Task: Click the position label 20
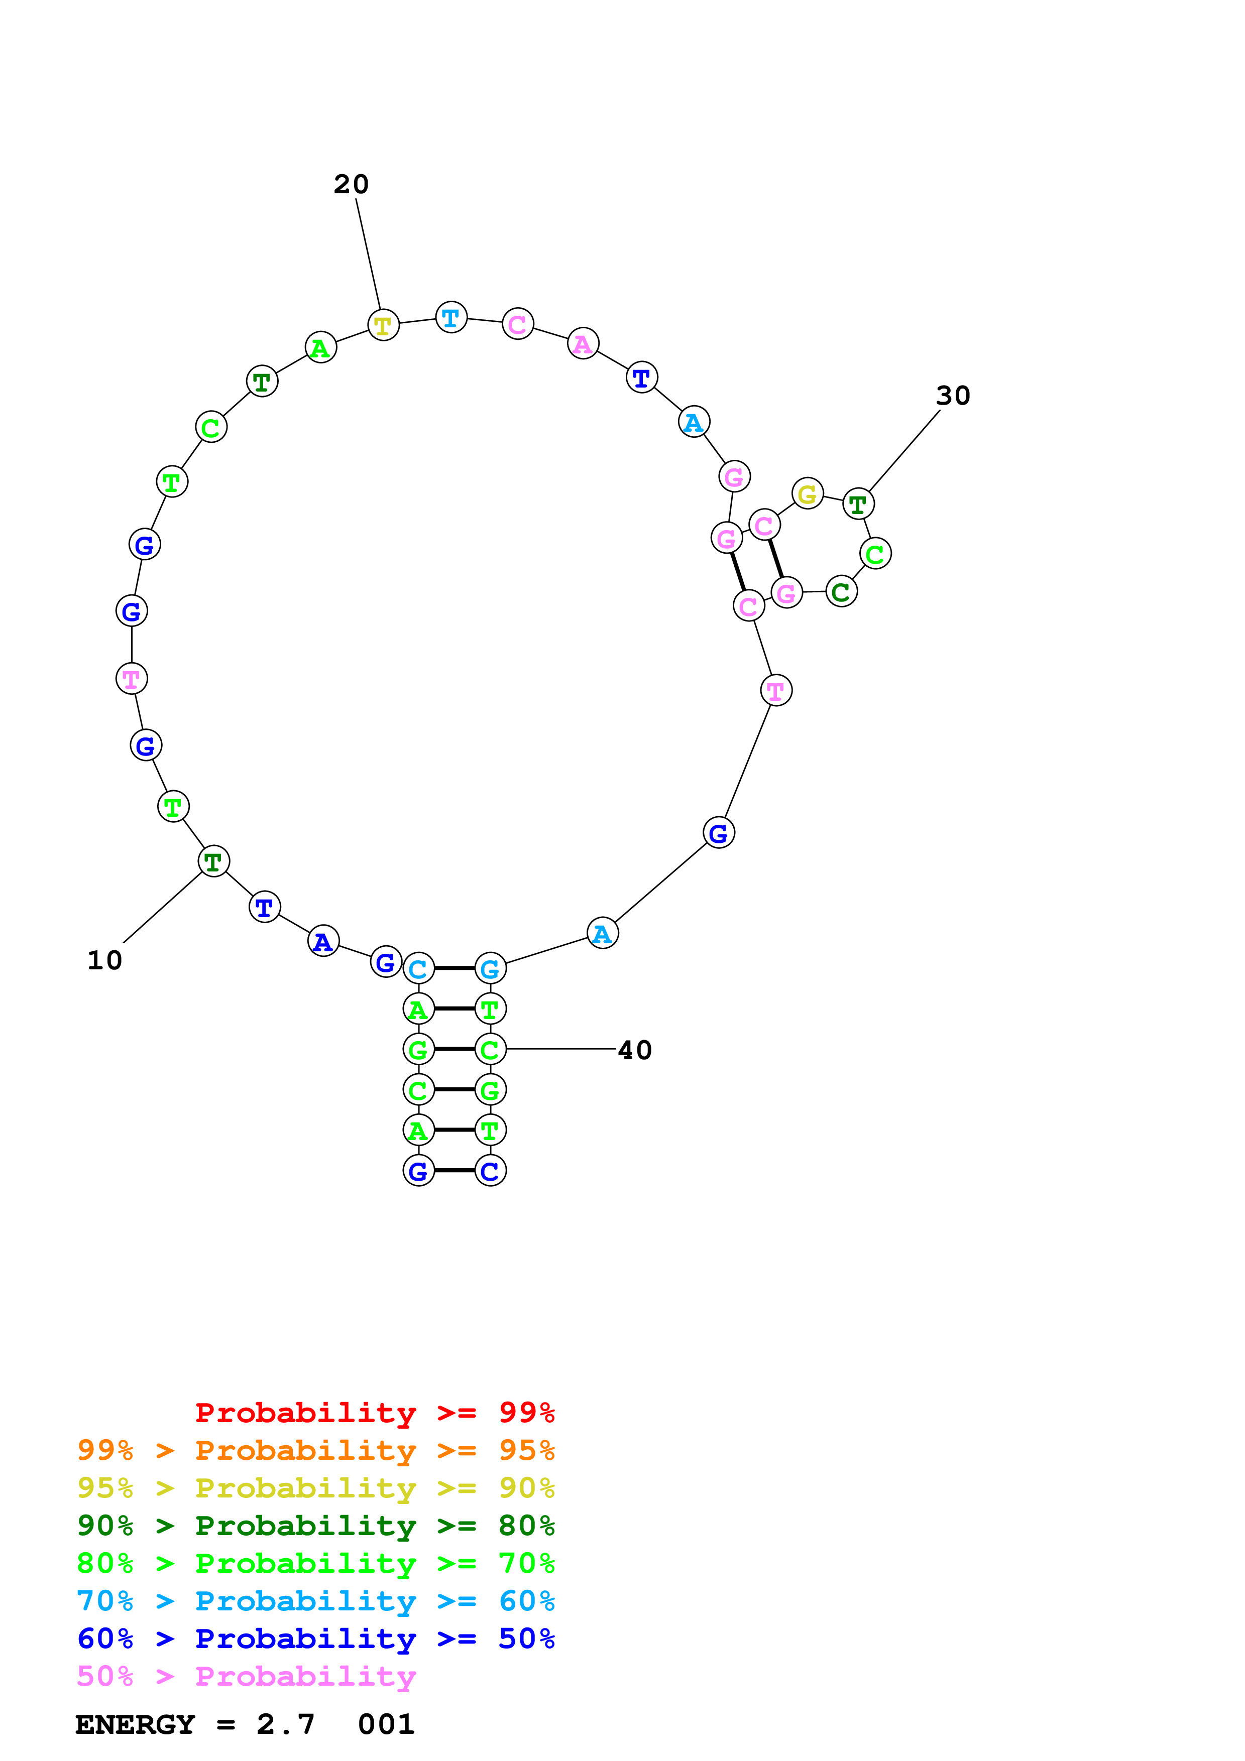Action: tap(352, 184)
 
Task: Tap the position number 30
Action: tap(953, 396)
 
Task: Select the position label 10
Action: tap(104, 960)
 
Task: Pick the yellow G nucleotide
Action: tap(807, 494)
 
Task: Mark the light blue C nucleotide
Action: tap(418, 969)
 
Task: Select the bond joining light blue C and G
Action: tap(454, 969)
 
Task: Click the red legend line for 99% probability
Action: tap(374, 1413)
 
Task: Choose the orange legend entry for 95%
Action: tap(316, 1450)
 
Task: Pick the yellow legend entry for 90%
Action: tap(316, 1488)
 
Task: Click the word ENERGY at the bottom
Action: tap(135, 1724)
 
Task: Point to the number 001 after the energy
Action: tap(386, 1724)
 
